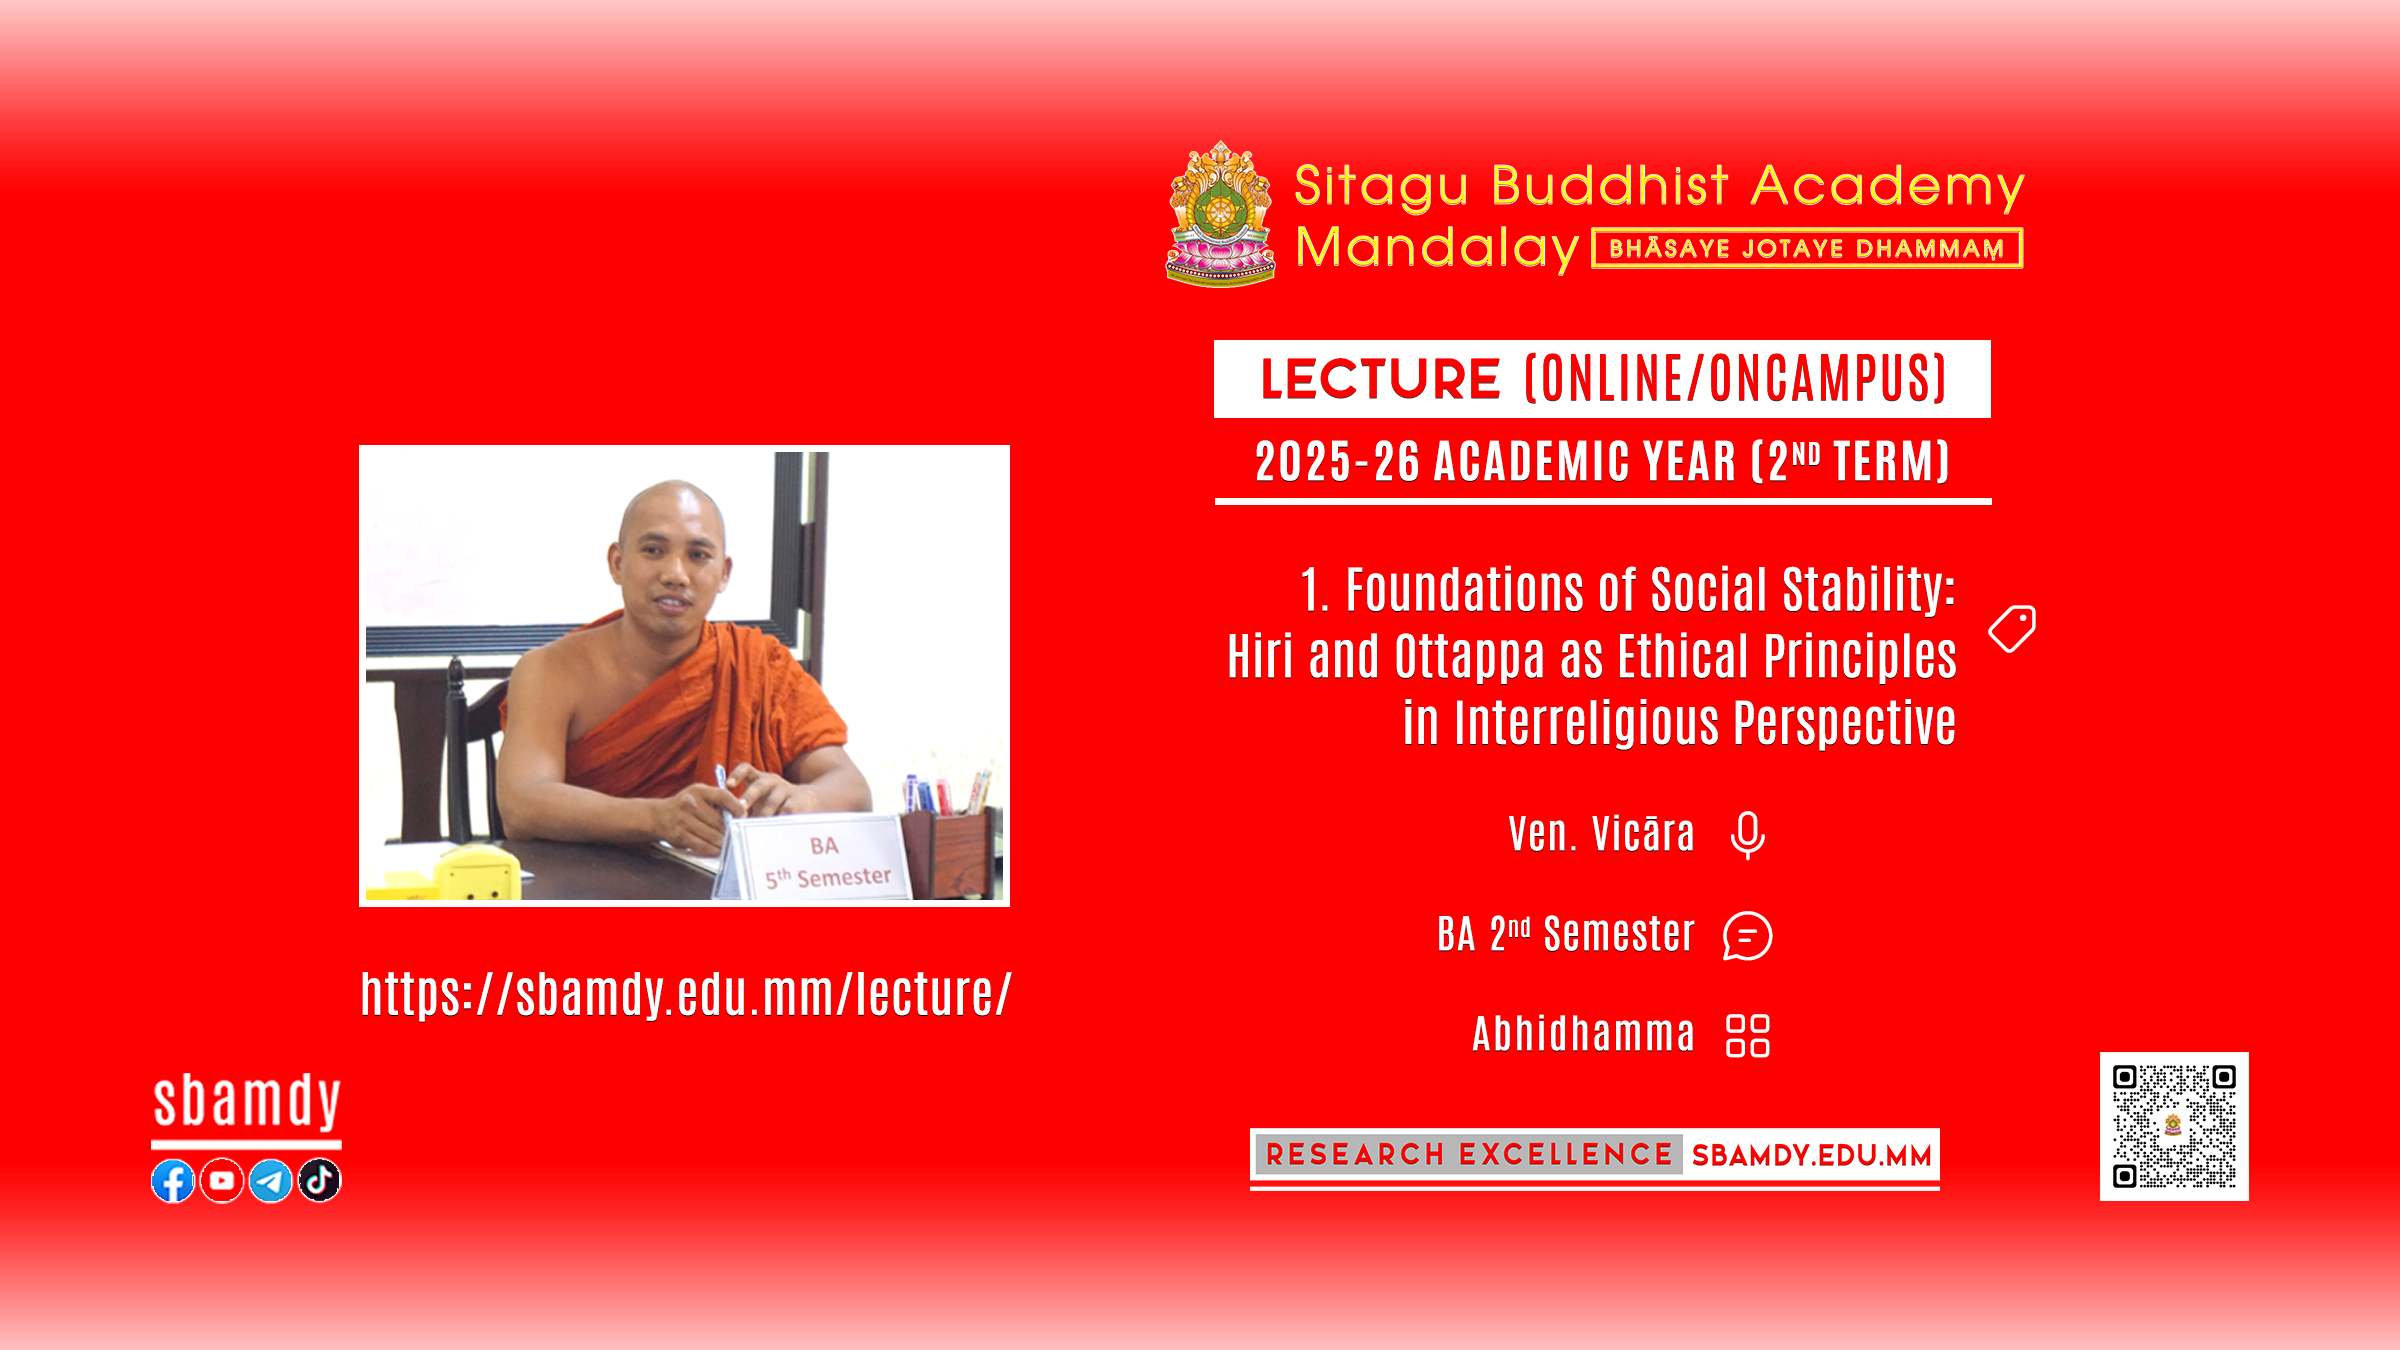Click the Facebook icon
[173, 1181]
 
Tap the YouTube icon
[222, 1181]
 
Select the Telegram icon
[270, 1181]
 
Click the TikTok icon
[320, 1181]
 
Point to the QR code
[2174, 1126]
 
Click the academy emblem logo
[1221, 214]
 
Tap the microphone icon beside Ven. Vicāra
[1748, 836]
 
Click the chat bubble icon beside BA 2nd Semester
[1748, 936]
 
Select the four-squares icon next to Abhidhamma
[1748, 1036]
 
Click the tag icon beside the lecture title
[2012, 629]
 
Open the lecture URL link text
[686, 994]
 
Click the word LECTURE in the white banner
[1380, 379]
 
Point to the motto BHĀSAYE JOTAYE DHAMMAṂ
[1807, 249]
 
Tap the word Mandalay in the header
[1437, 248]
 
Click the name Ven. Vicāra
[1601, 835]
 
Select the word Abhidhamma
[1584, 1034]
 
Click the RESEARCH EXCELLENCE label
[1469, 1155]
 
